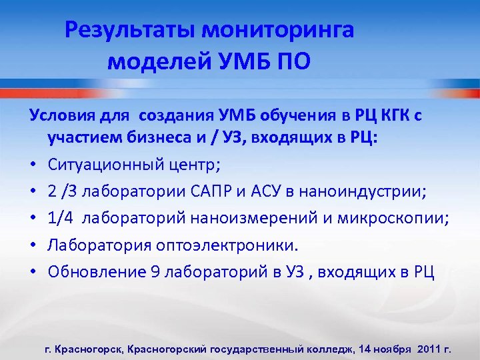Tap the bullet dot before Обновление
point(33,271)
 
